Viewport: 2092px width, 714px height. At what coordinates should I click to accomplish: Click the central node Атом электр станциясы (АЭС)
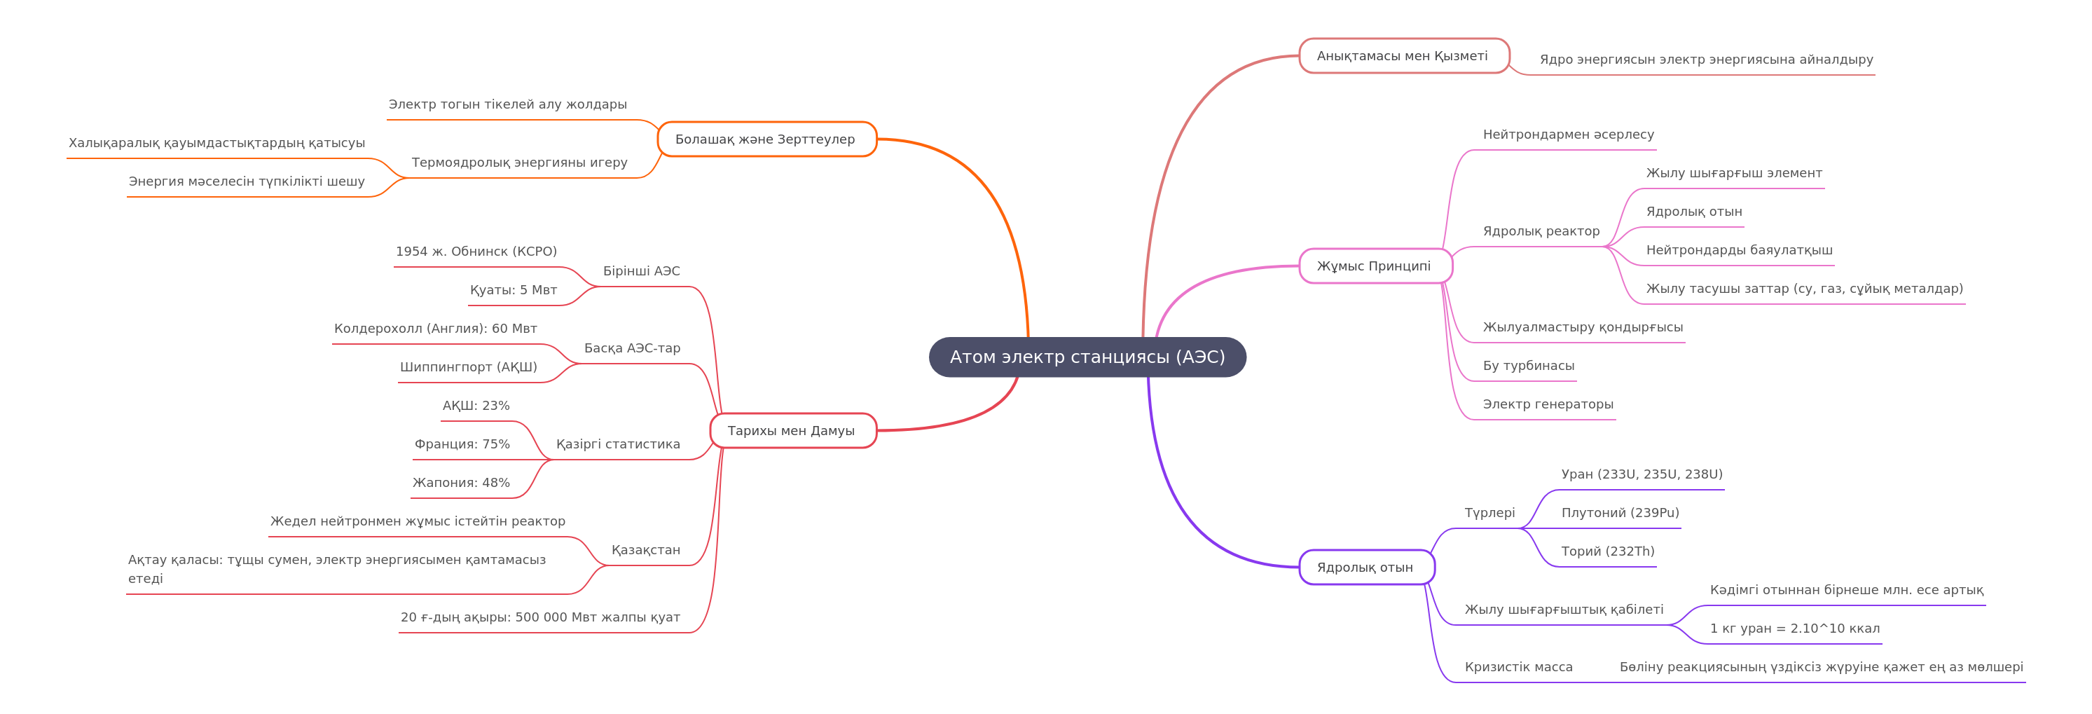1087,357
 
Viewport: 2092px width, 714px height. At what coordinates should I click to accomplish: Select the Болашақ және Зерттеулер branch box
766,139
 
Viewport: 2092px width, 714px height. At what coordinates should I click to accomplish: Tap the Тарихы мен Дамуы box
792,430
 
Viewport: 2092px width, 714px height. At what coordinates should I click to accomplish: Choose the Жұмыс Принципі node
1375,266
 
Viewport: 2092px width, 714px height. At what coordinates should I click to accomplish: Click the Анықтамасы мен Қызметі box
1403,56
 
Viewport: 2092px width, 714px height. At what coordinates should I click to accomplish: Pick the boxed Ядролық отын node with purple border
1366,568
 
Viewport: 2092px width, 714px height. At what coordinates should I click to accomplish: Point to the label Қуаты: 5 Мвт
514,290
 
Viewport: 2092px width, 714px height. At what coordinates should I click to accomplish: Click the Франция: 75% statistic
462,444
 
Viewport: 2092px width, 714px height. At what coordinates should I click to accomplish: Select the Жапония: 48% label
461,483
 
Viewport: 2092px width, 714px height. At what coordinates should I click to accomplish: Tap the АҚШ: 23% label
476,405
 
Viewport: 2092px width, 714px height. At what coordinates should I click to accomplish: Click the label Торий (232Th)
1607,551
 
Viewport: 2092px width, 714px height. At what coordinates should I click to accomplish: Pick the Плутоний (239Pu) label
1620,513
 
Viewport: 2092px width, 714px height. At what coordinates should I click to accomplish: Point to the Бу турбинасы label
1529,366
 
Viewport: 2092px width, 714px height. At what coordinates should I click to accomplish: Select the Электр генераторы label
1548,404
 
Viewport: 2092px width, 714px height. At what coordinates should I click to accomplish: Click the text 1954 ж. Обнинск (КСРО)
476,252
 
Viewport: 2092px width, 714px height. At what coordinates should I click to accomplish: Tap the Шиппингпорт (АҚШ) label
469,367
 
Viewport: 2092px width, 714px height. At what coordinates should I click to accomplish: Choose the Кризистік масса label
1519,667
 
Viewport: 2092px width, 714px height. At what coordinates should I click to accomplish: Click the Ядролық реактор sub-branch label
1541,231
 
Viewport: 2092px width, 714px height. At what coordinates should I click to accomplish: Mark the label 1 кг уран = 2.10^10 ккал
1795,629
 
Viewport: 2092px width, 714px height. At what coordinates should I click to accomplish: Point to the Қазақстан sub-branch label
646,550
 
